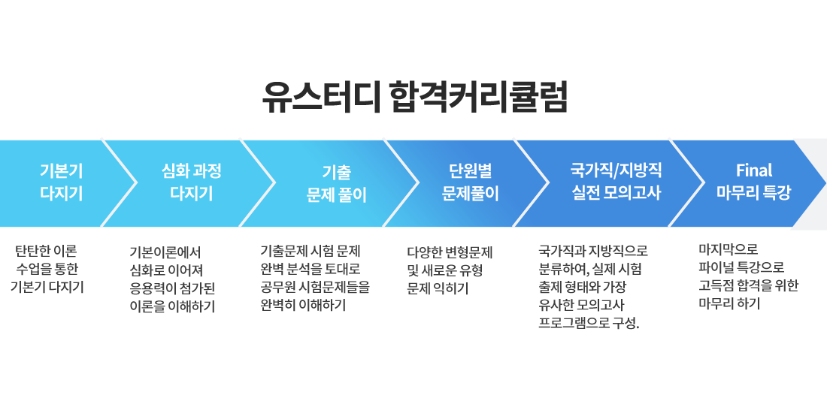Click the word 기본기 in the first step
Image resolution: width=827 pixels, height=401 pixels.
tap(62, 171)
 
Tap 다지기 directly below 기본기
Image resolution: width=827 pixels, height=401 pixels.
tap(62, 194)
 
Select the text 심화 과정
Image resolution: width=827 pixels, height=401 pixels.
tap(192, 171)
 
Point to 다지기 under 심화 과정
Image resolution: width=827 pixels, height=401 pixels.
tap(192, 194)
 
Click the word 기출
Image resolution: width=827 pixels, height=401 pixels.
tap(336, 173)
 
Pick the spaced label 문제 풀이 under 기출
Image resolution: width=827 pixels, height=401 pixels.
tap(336, 196)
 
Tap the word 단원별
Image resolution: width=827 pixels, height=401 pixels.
tap(470, 171)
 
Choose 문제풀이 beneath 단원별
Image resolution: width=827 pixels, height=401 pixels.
tap(470, 194)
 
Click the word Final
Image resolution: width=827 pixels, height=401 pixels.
tap(753, 170)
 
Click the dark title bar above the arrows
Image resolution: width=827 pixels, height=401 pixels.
tap(413, 96)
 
